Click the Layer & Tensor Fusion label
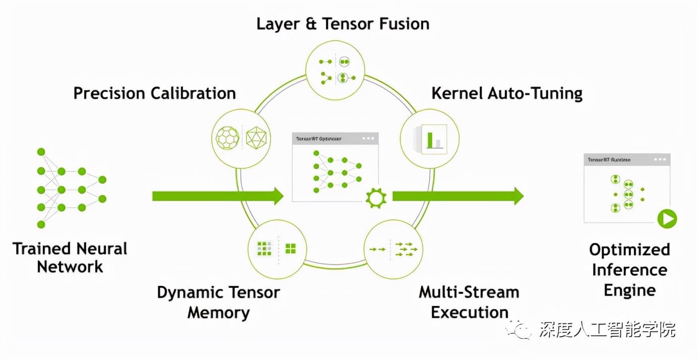click(x=342, y=24)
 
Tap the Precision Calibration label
click(x=154, y=93)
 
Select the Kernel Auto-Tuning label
click(x=507, y=93)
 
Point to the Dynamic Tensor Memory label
click(x=218, y=302)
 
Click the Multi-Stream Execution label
click(x=469, y=302)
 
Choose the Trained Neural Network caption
click(x=70, y=258)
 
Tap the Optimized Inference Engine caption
click(x=629, y=270)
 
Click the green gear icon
click(x=376, y=198)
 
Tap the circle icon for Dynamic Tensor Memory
click(x=277, y=249)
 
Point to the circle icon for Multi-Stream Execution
click(x=393, y=249)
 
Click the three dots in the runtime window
click(x=660, y=159)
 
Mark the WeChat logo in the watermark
click(x=520, y=330)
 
